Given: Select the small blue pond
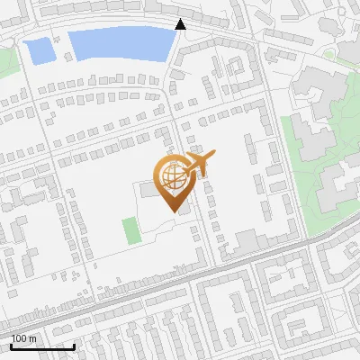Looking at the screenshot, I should click(41, 51).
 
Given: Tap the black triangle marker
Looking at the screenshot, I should click(181, 24).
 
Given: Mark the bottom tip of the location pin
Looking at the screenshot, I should click(172, 211).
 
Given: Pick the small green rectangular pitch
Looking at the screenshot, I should click(132, 229).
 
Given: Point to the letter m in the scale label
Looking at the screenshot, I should click(32, 338).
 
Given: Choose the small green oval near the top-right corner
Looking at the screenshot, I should click(329, 53).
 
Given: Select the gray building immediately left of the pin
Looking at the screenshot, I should click(148, 190).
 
